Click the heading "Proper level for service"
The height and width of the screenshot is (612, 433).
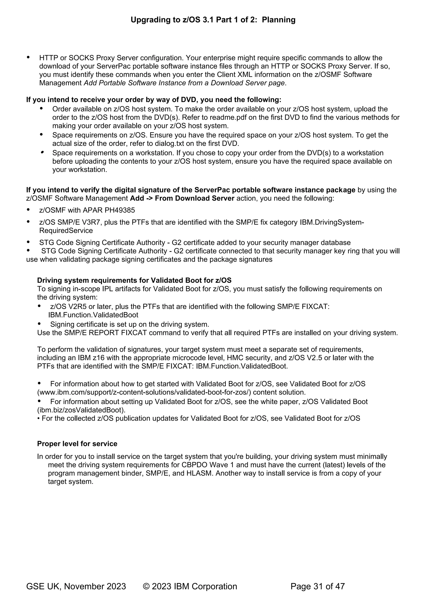click(x=77, y=444)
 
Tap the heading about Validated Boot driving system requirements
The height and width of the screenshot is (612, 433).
click(x=134, y=280)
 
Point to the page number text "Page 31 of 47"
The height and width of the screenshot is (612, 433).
click(x=318, y=586)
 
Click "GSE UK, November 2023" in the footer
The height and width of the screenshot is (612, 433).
click(x=76, y=586)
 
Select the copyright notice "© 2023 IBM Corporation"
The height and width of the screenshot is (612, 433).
click(x=190, y=586)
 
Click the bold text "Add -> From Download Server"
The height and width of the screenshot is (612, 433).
click(x=182, y=198)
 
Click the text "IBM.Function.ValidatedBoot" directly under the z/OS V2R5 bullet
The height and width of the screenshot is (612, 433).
click(x=93, y=315)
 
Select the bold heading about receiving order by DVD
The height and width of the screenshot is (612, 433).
click(x=153, y=100)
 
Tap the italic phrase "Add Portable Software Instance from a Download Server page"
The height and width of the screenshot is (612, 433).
click(x=184, y=83)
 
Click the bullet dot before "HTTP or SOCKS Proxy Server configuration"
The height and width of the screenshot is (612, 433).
click(x=28, y=57)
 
